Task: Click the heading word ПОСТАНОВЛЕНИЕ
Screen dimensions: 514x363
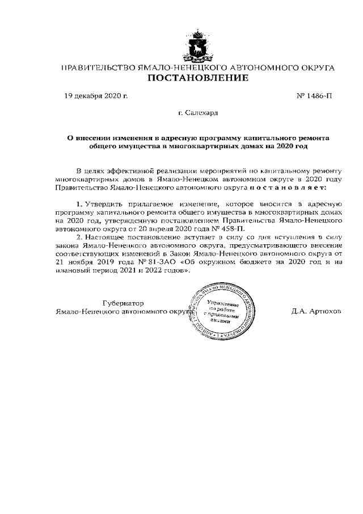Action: click(x=197, y=78)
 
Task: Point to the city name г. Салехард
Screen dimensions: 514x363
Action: click(x=198, y=114)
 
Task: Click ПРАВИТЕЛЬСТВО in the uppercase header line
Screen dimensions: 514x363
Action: click(x=98, y=68)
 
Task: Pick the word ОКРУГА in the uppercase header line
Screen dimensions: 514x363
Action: click(x=315, y=68)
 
